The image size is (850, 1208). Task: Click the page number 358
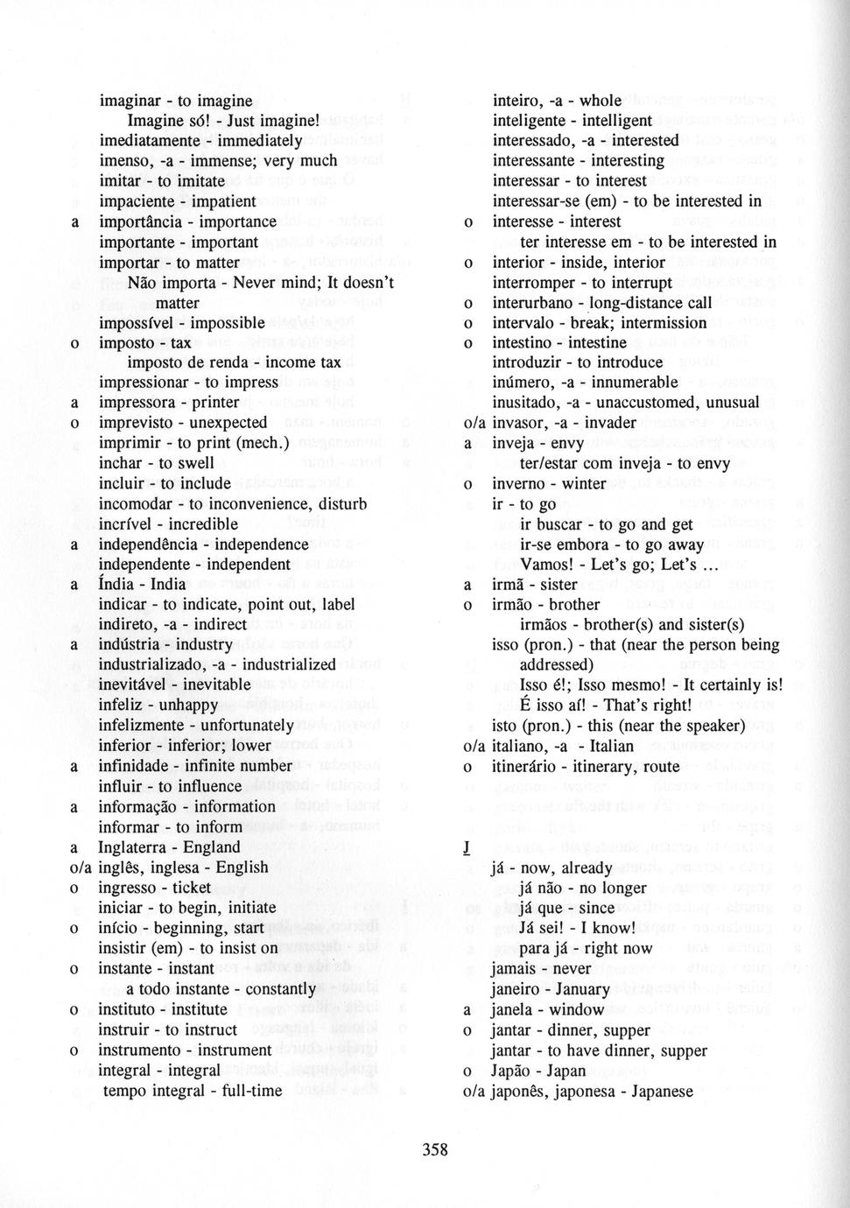pyautogui.click(x=435, y=1149)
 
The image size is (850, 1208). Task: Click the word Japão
pyautogui.click(x=513, y=1071)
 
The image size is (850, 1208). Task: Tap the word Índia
pyautogui.click(x=117, y=584)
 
